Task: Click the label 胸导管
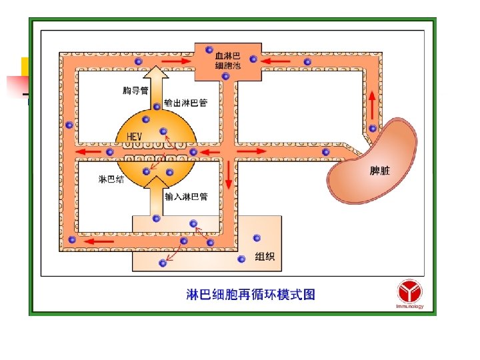(x=135, y=91)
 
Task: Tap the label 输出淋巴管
(x=185, y=103)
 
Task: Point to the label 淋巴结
(x=111, y=179)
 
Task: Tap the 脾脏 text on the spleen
(x=380, y=171)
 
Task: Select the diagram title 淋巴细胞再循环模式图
(x=250, y=294)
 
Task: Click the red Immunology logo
(x=409, y=293)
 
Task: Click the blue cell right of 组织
(x=255, y=237)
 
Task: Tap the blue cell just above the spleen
(x=373, y=128)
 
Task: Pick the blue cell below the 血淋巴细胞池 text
(x=225, y=76)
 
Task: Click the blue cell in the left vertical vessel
(x=69, y=125)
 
